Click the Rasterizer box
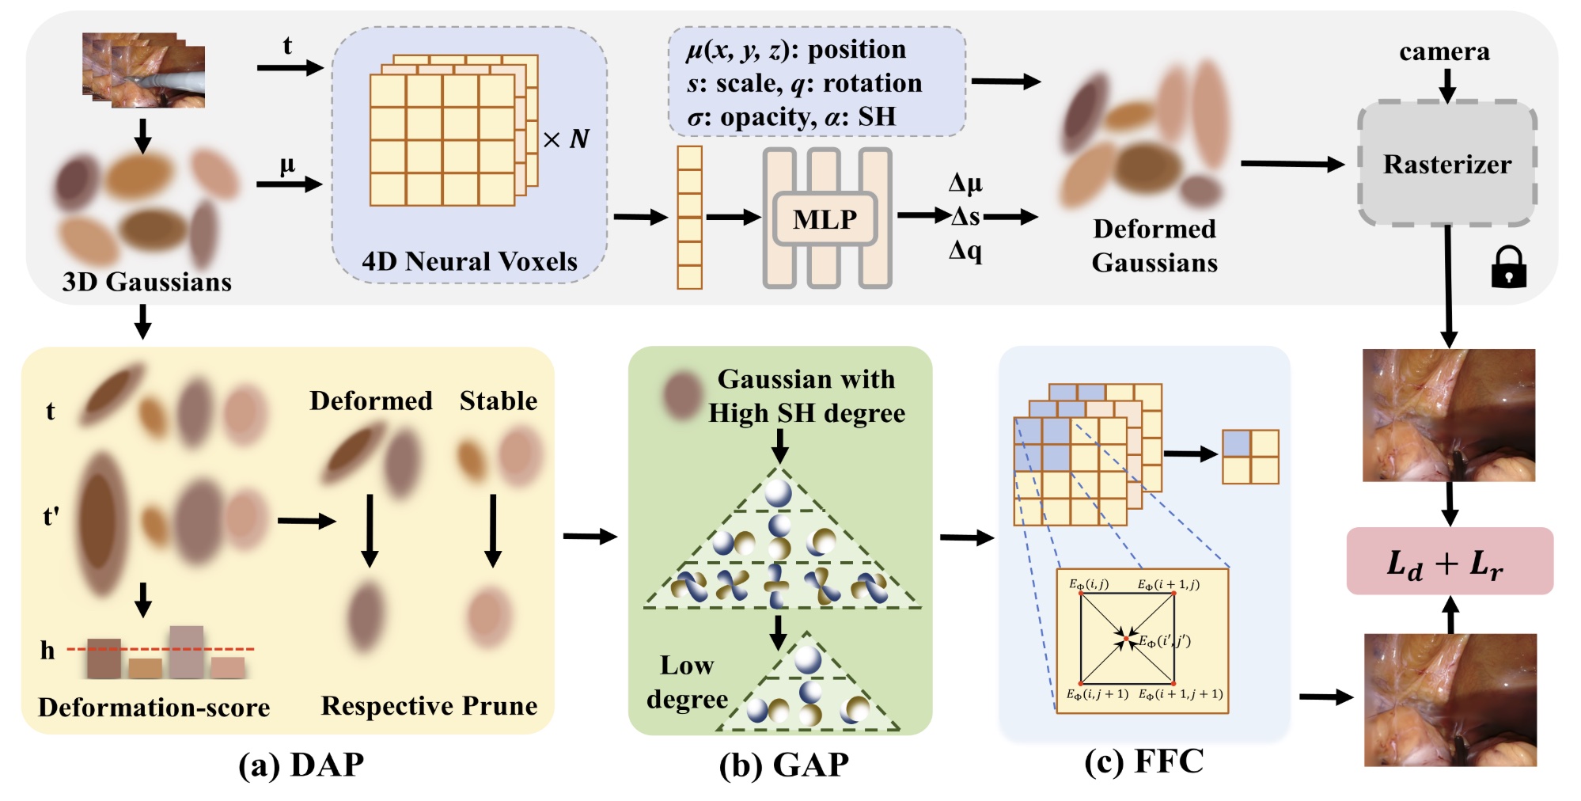(x=1446, y=164)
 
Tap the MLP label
(x=825, y=218)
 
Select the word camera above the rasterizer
(x=1444, y=51)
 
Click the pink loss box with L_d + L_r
(x=1449, y=561)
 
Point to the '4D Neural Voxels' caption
(x=469, y=261)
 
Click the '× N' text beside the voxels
(x=567, y=139)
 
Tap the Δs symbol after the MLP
(x=965, y=216)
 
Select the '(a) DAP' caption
(x=301, y=765)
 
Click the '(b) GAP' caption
(x=783, y=765)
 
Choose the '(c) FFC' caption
(x=1144, y=761)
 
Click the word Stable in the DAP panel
(x=498, y=400)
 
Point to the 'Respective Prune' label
(x=429, y=705)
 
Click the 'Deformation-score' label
(x=154, y=707)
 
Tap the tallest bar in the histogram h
(x=186, y=652)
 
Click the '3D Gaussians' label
(x=146, y=282)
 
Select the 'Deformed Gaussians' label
(x=1154, y=245)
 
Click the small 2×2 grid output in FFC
(x=1250, y=457)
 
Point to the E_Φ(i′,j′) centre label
(x=1165, y=640)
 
